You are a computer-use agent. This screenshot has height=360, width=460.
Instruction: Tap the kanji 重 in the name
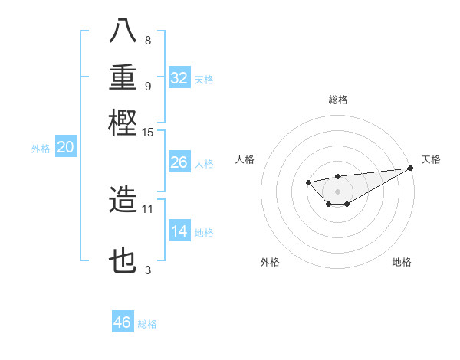click(123, 78)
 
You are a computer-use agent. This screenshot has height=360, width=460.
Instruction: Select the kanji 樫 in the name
click(123, 122)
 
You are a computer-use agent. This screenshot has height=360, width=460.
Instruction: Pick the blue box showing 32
click(179, 78)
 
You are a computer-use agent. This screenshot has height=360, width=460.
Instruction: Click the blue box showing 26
click(179, 163)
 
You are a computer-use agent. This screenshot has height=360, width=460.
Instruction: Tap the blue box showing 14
click(179, 232)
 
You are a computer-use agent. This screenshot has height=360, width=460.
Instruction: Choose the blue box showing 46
click(123, 322)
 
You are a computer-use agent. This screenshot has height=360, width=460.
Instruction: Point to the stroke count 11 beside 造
click(148, 208)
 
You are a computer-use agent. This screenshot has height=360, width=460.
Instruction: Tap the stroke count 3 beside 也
click(148, 270)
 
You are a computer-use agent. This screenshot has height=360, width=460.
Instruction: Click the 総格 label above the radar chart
click(337, 100)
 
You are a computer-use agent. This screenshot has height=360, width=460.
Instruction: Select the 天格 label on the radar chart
click(431, 159)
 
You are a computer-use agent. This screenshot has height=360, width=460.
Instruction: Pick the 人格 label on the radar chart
click(245, 159)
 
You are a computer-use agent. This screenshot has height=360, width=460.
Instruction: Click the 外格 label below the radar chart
click(270, 262)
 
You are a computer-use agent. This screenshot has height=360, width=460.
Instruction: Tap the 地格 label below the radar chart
click(402, 262)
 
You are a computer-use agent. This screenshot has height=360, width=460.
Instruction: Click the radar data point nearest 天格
click(412, 168)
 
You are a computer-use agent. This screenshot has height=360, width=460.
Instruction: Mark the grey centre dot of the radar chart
click(337, 191)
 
